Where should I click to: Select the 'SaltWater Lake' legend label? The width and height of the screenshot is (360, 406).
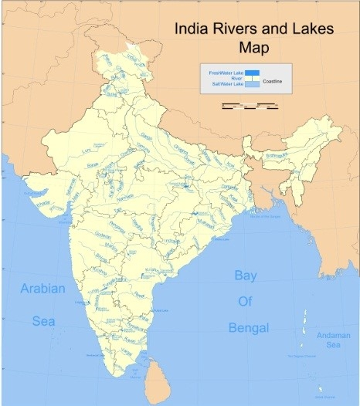(222, 83)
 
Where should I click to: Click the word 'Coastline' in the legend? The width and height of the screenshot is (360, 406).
(272, 80)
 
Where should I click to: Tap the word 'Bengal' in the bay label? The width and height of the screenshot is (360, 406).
(249, 328)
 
